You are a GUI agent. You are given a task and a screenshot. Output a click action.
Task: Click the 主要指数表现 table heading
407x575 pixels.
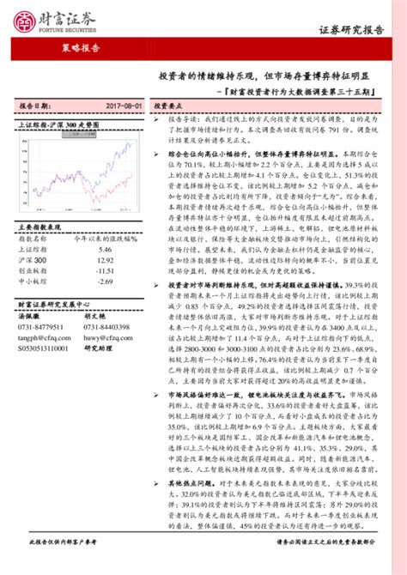coord(37,226)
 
